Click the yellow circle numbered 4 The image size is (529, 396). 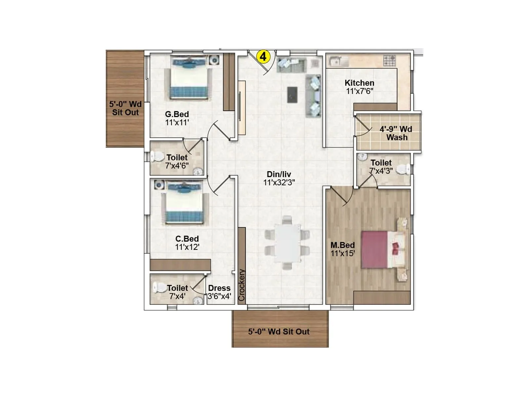[263, 56]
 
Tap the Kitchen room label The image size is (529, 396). [359, 83]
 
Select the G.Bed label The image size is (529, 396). [177, 114]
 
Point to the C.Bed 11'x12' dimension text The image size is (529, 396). [187, 247]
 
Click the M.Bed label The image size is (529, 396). [343, 245]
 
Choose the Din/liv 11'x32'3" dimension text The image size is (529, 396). [279, 182]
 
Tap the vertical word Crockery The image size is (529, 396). [242, 285]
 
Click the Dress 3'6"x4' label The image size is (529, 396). [219, 292]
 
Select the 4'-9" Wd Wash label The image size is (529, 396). [396, 133]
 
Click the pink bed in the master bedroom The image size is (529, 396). [375, 249]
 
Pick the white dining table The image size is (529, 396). [287, 243]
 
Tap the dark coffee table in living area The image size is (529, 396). [292, 95]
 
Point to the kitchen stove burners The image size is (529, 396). [389, 60]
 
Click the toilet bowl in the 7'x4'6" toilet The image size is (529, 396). [157, 156]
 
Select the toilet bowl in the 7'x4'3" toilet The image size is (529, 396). [403, 169]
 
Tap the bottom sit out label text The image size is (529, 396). [279, 332]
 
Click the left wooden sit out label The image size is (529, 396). [125, 108]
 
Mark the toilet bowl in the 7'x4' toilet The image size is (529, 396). [159, 288]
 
